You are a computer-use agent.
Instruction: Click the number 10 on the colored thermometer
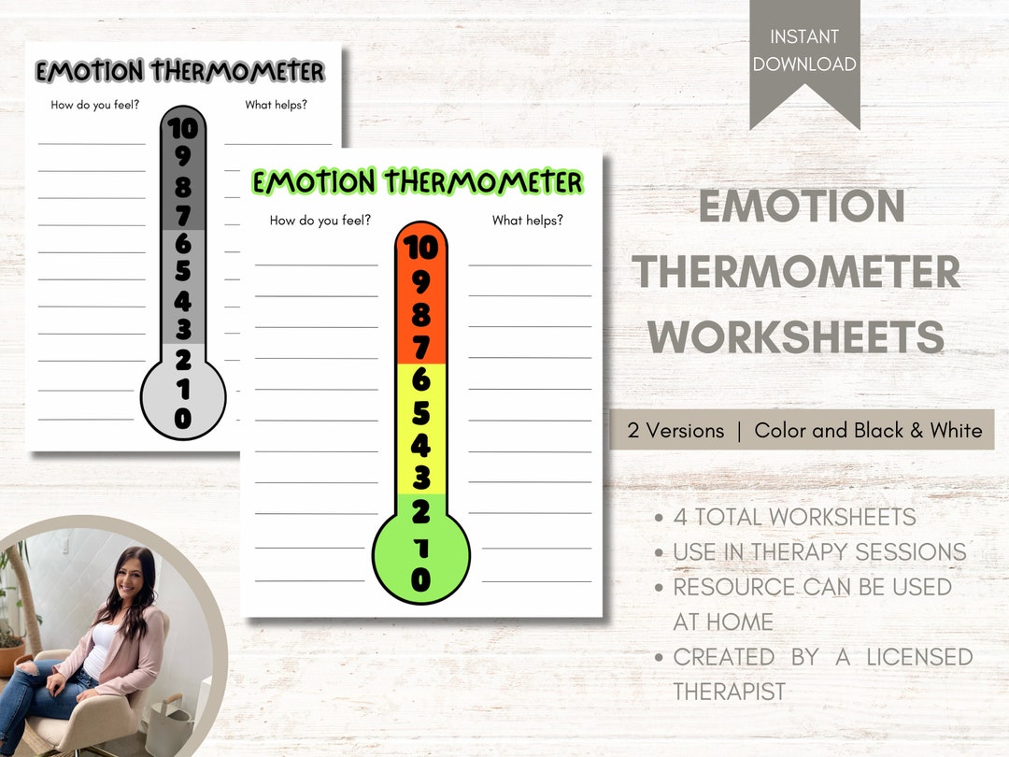(x=421, y=249)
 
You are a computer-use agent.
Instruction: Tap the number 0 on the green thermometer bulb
(x=421, y=579)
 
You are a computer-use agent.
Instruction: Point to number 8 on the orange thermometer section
(x=421, y=315)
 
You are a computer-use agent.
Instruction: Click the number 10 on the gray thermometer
(x=183, y=129)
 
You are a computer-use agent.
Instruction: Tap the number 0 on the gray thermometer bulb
(x=183, y=420)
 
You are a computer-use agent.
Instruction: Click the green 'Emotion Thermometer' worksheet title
(x=418, y=182)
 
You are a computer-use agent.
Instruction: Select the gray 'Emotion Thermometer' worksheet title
(x=180, y=71)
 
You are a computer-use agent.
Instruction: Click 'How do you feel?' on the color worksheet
(x=320, y=221)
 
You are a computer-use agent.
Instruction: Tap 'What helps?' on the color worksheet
(x=528, y=221)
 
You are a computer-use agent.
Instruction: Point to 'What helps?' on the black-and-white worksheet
(x=277, y=105)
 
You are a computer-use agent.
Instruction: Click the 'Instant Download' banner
(x=804, y=51)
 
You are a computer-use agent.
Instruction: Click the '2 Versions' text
(x=675, y=431)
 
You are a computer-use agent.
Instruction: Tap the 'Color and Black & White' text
(x=868, y=431)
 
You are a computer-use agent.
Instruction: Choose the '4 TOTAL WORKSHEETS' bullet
(x=794, y=517)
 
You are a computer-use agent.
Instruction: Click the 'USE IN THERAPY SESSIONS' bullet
(x=819, y=552)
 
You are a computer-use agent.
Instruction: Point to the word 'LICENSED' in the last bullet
(x=919, y=657)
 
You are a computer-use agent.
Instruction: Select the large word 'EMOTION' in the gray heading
(x=802, y=207)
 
